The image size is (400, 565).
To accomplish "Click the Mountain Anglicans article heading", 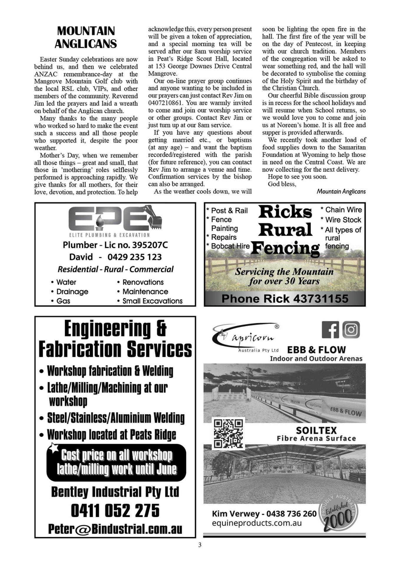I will pos(86,37).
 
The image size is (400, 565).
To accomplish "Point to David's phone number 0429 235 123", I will pos(134,257).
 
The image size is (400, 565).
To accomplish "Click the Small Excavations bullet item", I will pos(152,301).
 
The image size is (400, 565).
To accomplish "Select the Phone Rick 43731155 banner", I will pos(285,299).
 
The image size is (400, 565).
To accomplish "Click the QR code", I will pos(228,434).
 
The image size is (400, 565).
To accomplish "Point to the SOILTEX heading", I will pos(316,430).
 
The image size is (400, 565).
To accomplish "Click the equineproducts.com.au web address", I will pos(257,523).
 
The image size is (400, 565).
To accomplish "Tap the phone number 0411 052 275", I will pos(115,511).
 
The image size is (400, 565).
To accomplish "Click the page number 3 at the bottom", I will pos(200,545).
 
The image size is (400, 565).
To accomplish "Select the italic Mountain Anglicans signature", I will pos(341,192).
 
